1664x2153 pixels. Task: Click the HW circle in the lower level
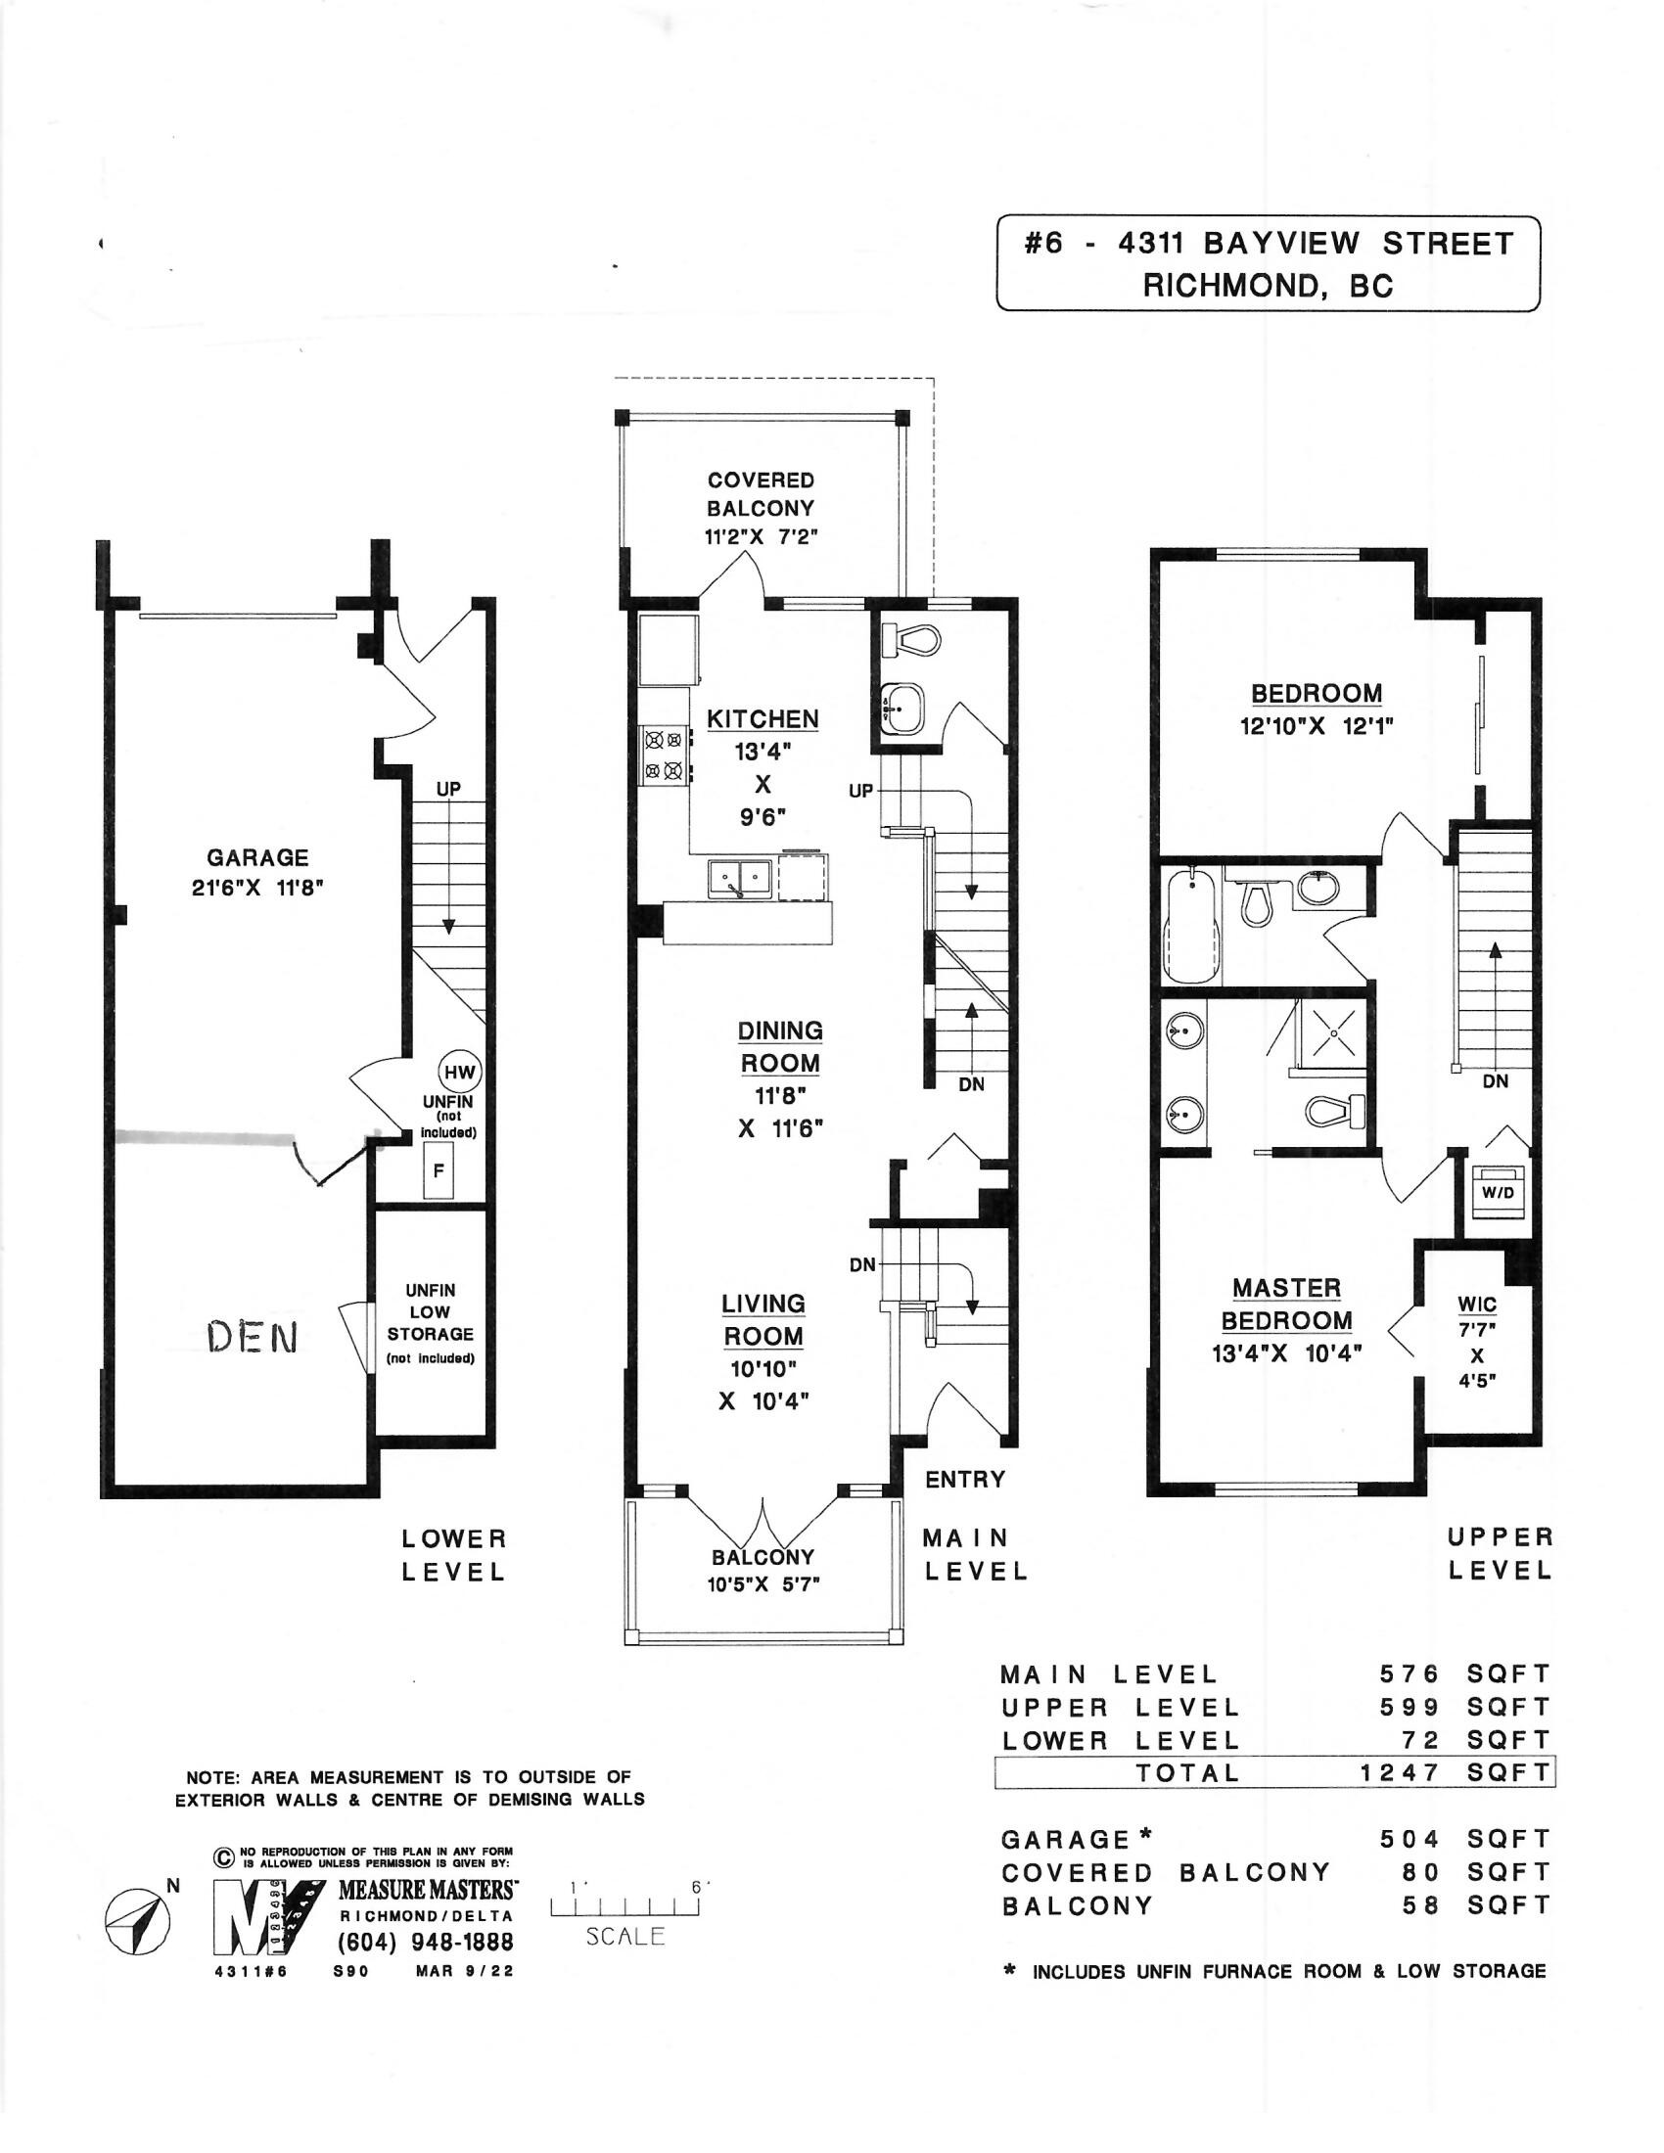click(459, 1073)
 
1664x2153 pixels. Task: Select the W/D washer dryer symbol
click(1498, 1190)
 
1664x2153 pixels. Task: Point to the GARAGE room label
click(257, 857)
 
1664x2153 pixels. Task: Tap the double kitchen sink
click(739, 878)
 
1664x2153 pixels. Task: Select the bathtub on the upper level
click(1193, 924)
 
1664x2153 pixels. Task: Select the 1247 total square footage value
click(1401, 1772)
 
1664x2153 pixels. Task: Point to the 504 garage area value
click(1410, 1839)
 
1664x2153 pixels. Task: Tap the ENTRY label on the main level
click(965, 1479)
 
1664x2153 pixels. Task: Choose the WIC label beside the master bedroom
click(1477, 1304)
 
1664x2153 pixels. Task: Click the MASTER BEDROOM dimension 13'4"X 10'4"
click(1286, 1353)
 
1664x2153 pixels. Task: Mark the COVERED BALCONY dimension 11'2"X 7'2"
click(761, 537)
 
